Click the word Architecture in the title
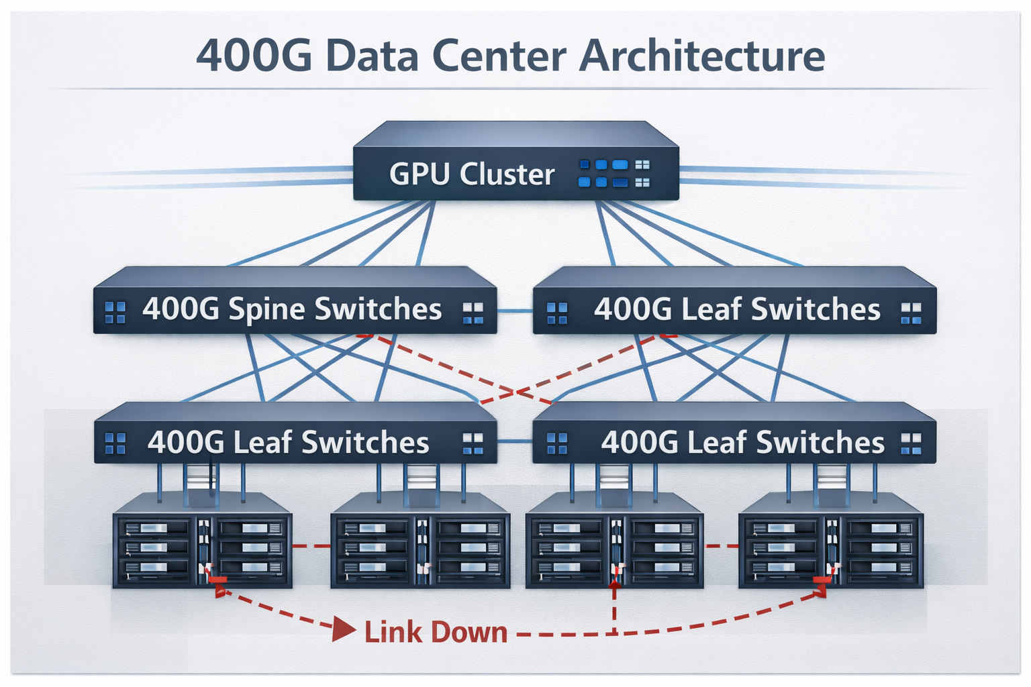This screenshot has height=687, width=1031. click(701, 56)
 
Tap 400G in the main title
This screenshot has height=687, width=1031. click(254, 56)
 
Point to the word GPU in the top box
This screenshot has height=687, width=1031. click(420, 174)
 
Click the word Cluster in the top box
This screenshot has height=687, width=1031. click(507, 174)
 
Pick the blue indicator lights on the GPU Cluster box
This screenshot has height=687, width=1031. click(603, 173)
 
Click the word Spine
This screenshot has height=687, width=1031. click(267, 309)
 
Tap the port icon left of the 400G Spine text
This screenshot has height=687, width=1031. click(115, 312)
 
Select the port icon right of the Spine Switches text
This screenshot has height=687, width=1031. click(473, 313)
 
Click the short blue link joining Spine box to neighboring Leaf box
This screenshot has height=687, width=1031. click(515, 311)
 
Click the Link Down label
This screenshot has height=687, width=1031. click(436, 632)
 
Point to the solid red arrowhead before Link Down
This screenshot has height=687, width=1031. click(344, 630)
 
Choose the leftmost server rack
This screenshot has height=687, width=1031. click(202, 542)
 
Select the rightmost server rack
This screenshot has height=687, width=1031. click(830, 542)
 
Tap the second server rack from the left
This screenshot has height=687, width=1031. click(420, 542)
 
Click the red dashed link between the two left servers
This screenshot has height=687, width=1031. click(311, 546)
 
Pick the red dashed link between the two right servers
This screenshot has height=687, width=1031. click(722, 546)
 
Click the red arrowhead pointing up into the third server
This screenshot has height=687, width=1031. click(614, 585)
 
